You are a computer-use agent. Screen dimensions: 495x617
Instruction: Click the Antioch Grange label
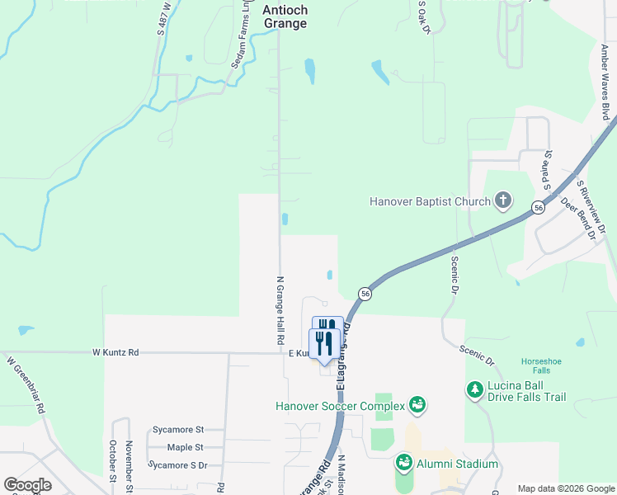tap(285, 17)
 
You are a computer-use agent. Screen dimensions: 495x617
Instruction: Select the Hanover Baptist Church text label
tap(429, 200)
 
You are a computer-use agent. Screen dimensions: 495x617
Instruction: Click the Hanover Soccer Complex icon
tap(417, 405)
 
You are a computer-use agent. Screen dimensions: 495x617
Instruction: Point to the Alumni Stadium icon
tap(403, 464)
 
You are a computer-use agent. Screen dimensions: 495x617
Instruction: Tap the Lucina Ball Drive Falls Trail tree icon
tap(474, 389)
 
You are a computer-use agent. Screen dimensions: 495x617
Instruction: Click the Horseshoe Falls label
tap(540, 365)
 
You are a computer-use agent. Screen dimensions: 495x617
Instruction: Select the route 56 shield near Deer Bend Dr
tap(538, 207)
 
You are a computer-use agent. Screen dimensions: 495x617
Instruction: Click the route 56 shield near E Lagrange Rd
tap(364, 294)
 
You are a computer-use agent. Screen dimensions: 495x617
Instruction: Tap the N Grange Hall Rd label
tap(280, 310)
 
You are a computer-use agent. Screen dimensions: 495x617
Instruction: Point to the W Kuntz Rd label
tap(115, 352)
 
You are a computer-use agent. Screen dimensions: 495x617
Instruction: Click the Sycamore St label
tap(177, 430)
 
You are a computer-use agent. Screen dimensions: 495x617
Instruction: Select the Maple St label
tap(185, 448)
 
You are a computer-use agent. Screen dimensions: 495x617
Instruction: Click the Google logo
tap(27, 485)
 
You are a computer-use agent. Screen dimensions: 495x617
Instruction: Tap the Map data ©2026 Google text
tap(564, 488)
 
